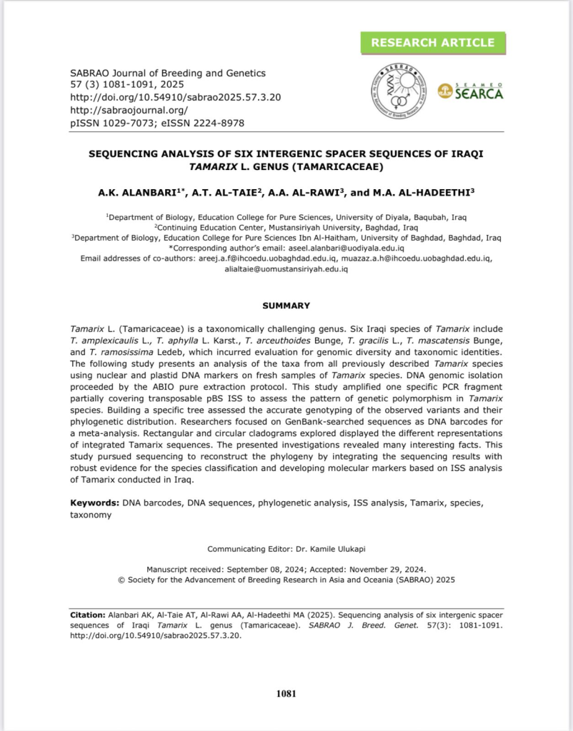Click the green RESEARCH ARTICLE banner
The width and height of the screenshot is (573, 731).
coord(437,43)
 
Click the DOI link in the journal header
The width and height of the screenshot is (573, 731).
coord(176,98)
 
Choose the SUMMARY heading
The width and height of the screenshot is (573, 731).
coord(286,306)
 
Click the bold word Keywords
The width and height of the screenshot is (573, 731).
coord(94,503)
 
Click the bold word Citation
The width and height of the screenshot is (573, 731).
coord(87,615)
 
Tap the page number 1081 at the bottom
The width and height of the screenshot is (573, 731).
coord(286,693)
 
